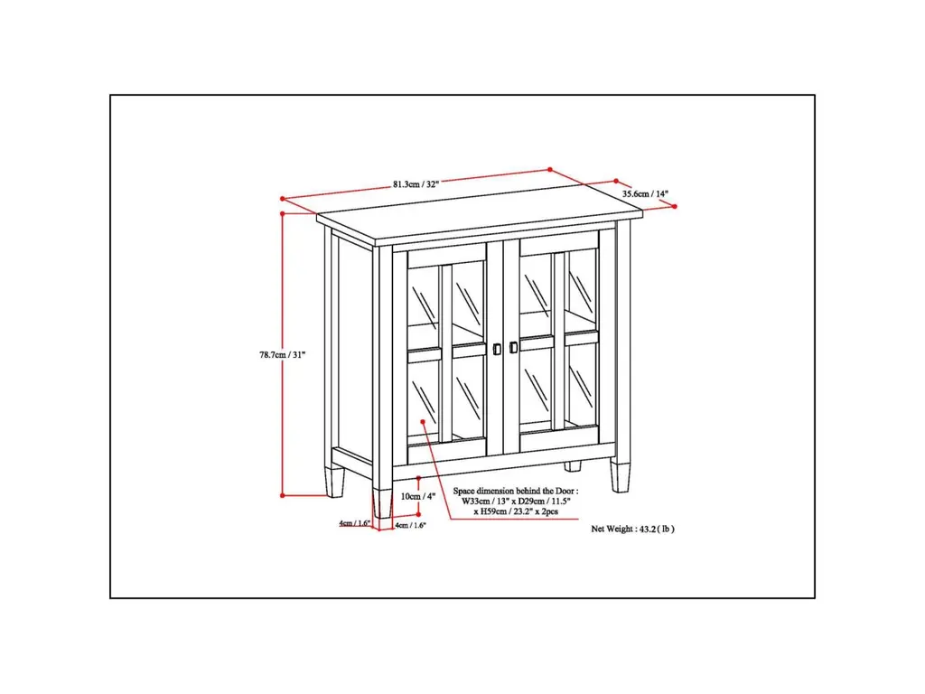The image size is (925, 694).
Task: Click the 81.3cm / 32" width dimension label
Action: point(416,184)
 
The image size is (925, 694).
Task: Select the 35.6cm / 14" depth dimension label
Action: point(645,193)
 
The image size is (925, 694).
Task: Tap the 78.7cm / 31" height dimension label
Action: point(283,354)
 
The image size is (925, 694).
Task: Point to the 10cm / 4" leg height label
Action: point(417,496)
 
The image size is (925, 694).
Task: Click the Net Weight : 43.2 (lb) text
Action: point(632,529)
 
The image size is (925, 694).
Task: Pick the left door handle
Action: point(497,350)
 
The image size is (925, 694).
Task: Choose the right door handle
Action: point(513,348)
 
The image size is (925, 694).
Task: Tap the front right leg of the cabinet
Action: point(620,475)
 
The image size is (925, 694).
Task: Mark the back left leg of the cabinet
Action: point(334,483)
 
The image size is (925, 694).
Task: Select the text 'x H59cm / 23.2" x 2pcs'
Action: point(516,511)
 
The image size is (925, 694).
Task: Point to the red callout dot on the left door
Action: point(423,421)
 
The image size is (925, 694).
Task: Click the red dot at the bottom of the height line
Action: point(283,495)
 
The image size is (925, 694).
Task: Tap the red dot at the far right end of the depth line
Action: point(674,207)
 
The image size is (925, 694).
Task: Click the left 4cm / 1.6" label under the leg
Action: point(354,523)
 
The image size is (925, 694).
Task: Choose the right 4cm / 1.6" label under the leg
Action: point(410,525)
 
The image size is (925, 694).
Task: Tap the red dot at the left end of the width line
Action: point(283,199)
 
